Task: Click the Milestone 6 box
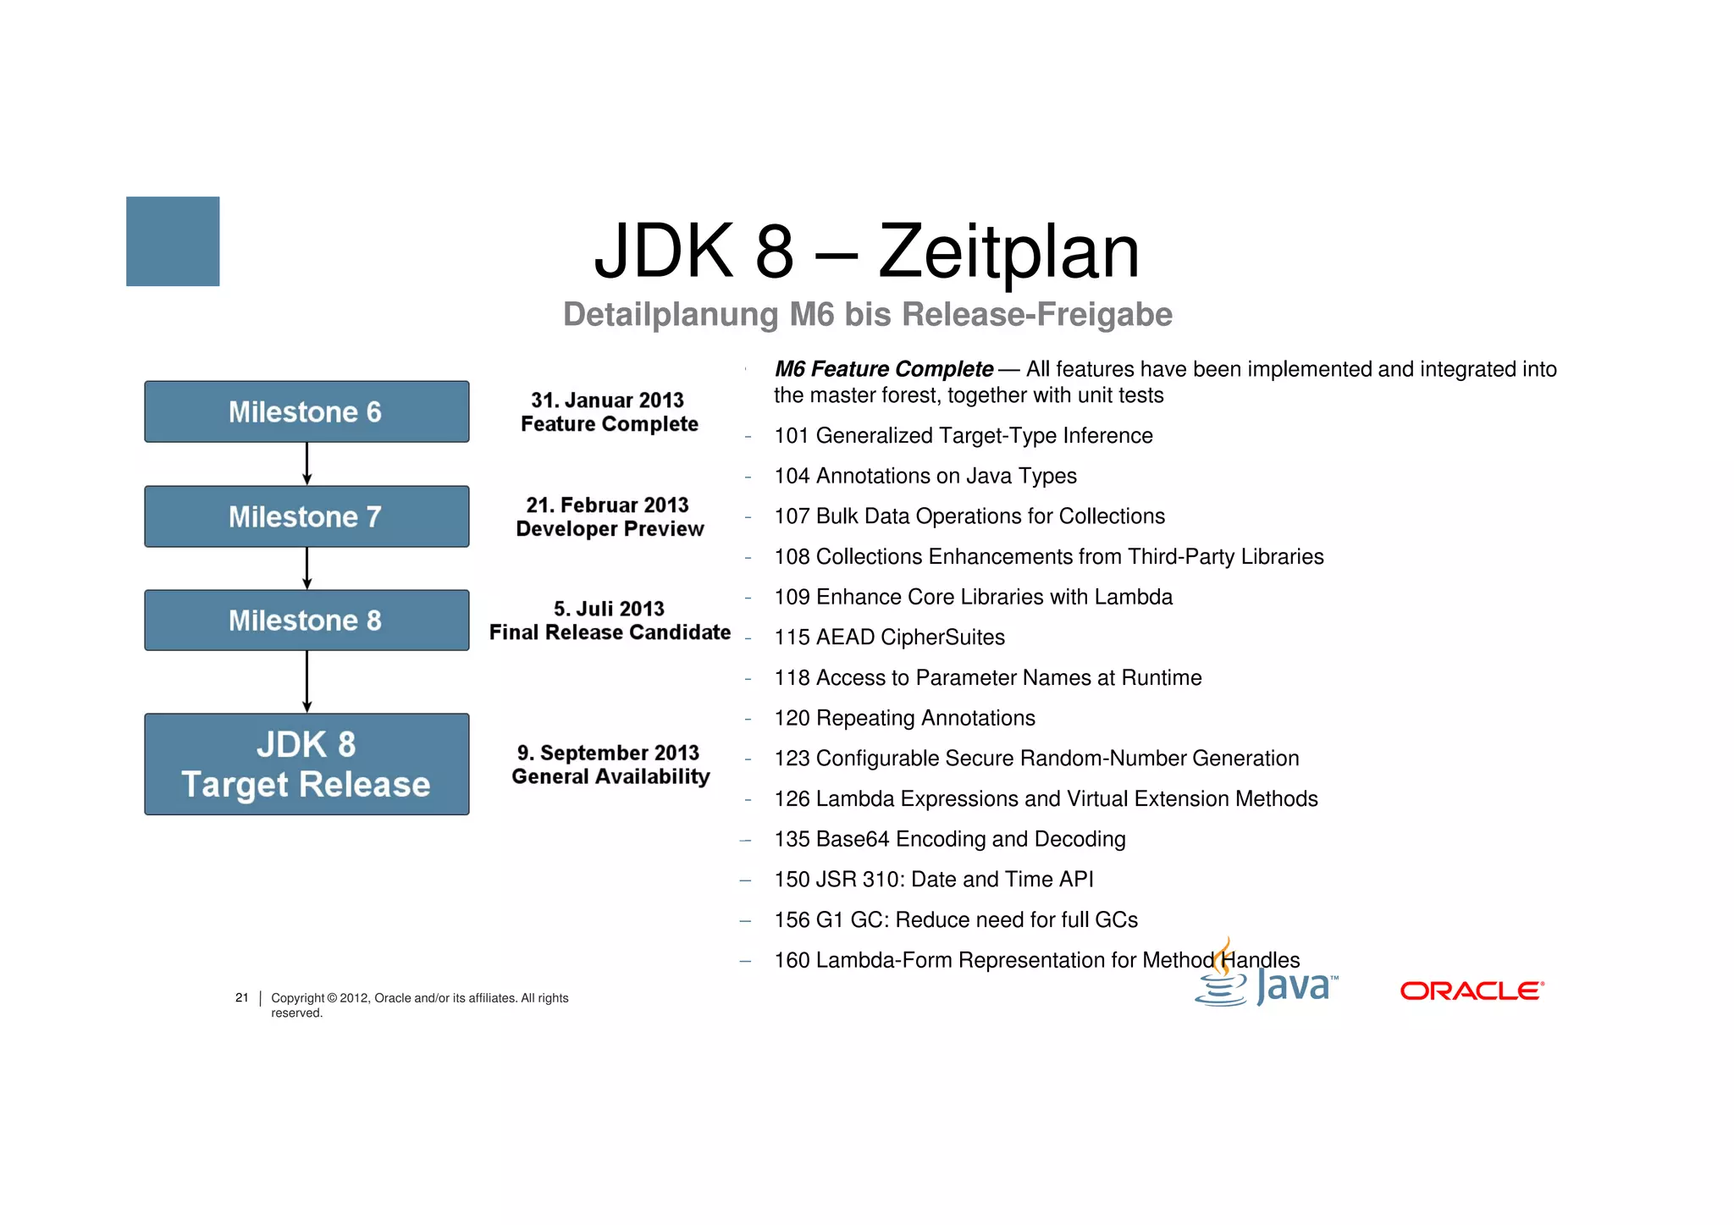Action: tap(306, 411)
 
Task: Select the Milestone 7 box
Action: tap(306, 516)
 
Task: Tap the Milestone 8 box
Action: tap(306, 621)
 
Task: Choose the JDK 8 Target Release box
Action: tap(306, 764)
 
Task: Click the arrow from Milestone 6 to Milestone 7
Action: tap(306, 464)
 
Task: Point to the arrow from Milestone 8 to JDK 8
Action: tap(306, 681)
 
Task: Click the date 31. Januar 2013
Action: tap(607, 400)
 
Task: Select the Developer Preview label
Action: tap(610, 529)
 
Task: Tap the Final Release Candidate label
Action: tap(610, 632)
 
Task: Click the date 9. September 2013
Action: tap(608, 753)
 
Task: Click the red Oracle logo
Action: tap(1472, 990)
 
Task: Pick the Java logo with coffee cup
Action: tap(1266, 978)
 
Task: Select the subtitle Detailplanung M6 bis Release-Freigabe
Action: tap(867, 314)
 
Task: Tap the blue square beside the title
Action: tap(173, 241)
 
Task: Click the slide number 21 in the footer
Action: tap(242, 997)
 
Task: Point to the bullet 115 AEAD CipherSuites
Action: tap(889, 637)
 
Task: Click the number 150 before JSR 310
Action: tap(792, 880)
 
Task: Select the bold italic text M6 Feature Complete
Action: tap(883, 369)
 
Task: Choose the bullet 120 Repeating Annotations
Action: tap(904, 718)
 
